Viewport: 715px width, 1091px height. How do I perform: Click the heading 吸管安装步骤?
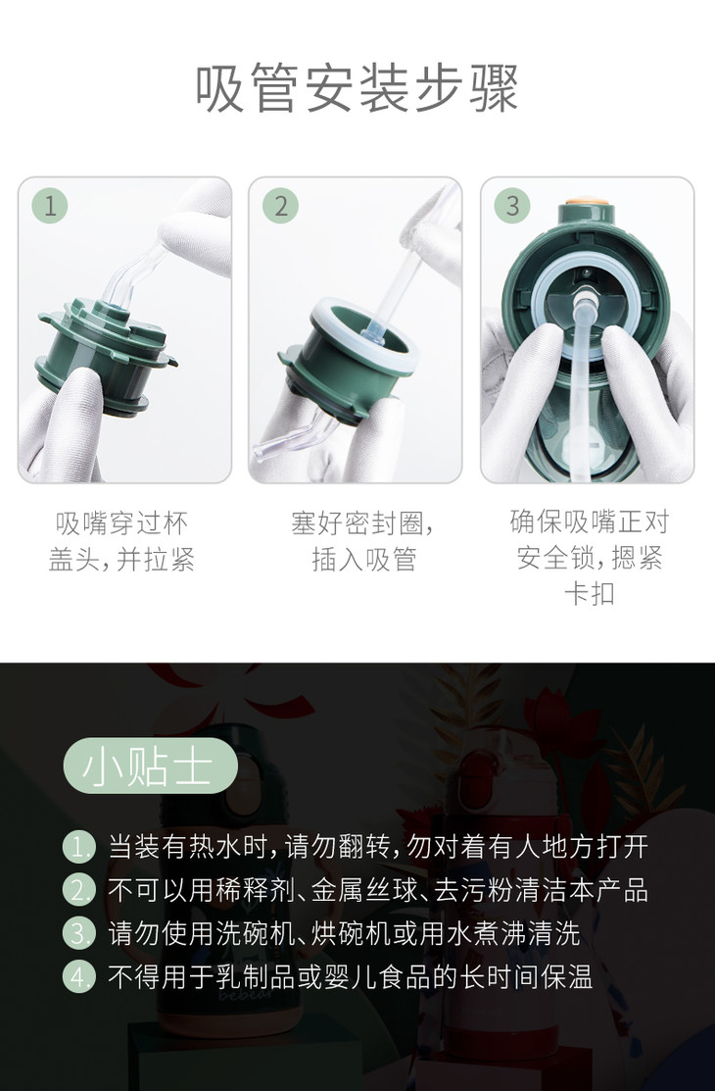(x=357, y=89)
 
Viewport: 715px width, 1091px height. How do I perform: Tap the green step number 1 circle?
(x=49, y=206)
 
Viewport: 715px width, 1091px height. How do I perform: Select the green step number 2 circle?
(x=280, y=206)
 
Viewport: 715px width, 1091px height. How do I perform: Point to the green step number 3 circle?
(x=512, y=206)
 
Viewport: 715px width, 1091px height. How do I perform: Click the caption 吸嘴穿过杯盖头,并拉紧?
(x=121, y=541)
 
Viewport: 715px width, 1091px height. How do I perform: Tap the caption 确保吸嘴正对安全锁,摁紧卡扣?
(x=589, y=558)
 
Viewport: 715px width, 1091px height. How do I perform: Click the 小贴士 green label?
(x=150, y=767)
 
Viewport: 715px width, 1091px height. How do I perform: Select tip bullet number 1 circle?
(x=78, y=847)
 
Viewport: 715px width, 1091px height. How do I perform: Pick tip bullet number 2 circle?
(x=78, y=890)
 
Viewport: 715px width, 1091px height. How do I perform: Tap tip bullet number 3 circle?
(x=78, y=933)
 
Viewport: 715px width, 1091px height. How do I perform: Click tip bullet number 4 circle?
(x=78, y=976)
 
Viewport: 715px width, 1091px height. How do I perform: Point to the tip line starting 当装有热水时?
(x=378, y=847)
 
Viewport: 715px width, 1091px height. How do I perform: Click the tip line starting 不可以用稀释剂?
(x=378, y=890)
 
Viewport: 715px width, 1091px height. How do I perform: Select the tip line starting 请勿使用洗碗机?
(x=344, y=933)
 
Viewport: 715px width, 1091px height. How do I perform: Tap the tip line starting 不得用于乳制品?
(x=350, y=976)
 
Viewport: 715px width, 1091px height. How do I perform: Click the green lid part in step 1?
(x=106, y=355)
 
